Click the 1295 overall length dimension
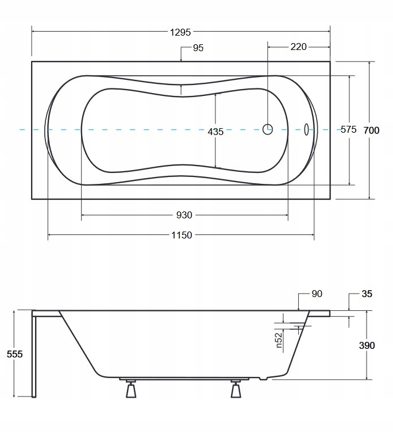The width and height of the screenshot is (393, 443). tap(180, 32)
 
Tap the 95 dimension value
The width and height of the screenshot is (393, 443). tap(198, 48)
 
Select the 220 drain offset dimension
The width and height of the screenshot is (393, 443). tap(298, 47)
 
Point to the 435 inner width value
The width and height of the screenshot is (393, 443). tap(215, 132)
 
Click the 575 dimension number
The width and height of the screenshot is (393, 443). tap(349, 130)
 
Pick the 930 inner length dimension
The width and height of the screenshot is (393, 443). tap(184, 215)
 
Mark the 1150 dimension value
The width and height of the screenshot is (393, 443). tap(181, 235)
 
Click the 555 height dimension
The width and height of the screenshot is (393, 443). tap(14, 355)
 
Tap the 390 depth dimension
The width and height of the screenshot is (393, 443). tap(367, 345)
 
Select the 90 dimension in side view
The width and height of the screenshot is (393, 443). tap(317, 294)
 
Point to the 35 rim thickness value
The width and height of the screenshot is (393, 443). tap(367, 294)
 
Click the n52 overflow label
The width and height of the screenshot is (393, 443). tap(279, 340)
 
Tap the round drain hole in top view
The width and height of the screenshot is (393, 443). tap(268, 129)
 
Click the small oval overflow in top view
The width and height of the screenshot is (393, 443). tap(306, 129)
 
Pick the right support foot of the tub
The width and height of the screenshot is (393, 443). tap(236, 390)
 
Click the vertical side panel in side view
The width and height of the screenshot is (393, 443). tap(34, 356)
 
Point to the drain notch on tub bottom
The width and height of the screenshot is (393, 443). tap(264, 378)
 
